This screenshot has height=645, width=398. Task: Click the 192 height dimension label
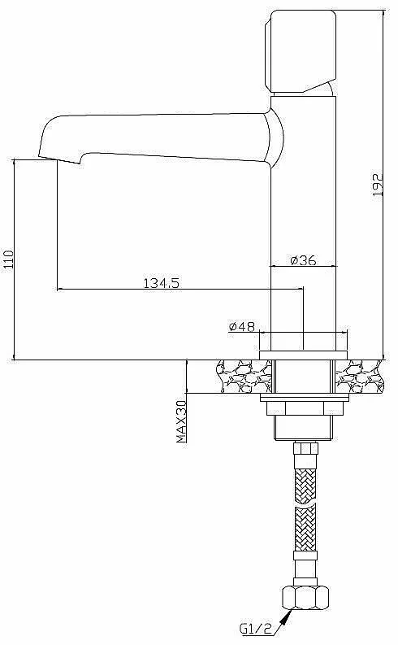[x=378, y=185]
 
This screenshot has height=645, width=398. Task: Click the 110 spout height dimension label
[x=8, y=259]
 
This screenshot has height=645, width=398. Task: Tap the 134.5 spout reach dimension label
[x=161, y=283]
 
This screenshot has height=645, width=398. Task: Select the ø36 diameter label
[x=303, y=260]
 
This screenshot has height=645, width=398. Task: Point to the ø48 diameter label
[x=242, y=327]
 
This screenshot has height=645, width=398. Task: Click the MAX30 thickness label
[x=181, y=421]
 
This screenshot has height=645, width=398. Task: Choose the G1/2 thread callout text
[x=256, y=629]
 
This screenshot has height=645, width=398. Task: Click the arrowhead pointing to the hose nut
[x=286, y=616]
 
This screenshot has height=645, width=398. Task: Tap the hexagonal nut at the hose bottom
[x=305, y=598]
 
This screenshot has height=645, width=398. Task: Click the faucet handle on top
[x=302, y=50]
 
